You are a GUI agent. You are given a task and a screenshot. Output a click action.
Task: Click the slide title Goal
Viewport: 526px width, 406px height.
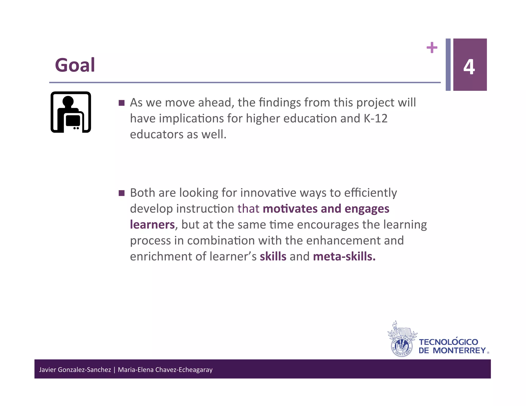(75, 65)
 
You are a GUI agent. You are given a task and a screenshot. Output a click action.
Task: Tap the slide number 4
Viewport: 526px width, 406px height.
(469, 67)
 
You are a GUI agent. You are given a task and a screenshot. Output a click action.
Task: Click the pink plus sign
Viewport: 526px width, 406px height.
(432, 47)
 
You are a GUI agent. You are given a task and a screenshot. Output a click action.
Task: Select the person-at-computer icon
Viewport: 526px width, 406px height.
(71, 112)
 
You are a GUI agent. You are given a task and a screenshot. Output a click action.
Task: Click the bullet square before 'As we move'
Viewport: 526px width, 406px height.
(121, 103)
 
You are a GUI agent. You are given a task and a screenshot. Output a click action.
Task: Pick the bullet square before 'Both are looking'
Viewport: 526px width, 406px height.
(121, 193)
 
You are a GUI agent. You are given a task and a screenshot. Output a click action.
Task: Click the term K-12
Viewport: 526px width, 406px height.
(375, 119)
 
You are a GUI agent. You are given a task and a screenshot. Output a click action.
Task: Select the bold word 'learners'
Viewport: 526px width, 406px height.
(152, 225)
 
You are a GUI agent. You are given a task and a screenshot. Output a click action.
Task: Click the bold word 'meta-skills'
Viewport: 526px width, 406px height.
(344, 256)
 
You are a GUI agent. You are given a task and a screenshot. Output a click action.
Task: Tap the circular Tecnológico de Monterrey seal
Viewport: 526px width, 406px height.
(402, 347)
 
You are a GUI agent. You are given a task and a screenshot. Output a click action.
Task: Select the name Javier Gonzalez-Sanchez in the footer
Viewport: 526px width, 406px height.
(75, 370)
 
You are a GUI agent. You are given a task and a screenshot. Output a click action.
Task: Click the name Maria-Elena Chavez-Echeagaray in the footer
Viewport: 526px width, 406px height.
(165, 370)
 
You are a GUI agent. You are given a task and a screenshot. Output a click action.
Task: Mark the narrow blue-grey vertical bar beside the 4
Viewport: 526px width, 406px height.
(448, 64)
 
